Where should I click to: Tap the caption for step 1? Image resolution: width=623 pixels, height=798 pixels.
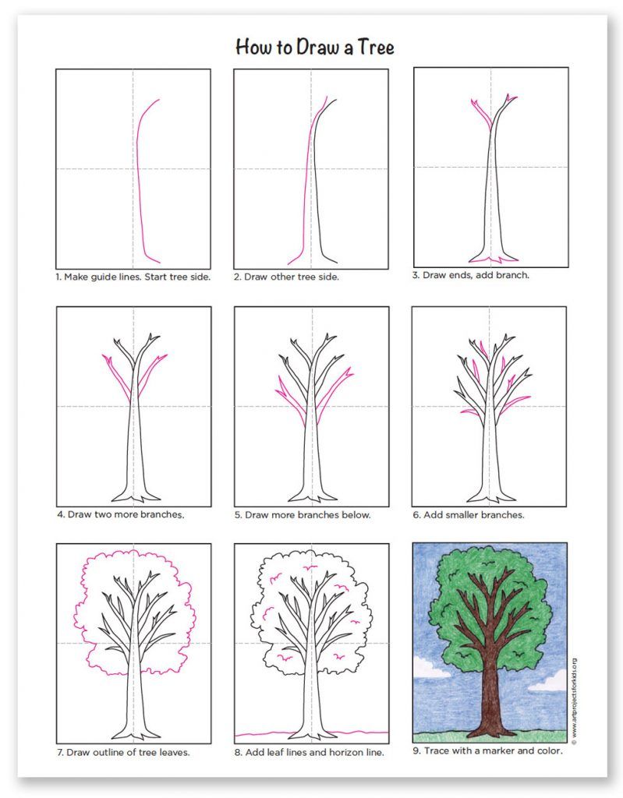tap(133, 277)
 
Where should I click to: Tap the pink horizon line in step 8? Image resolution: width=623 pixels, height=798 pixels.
tap(312, 733)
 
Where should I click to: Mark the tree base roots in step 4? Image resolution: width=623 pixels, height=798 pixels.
tap(133, 496)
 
